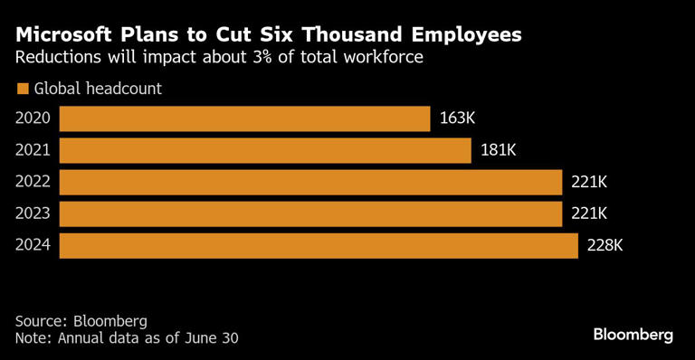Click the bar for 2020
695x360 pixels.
pos(244,118)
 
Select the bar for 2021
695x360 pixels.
pos(265,150)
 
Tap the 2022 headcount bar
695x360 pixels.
pos(310,182)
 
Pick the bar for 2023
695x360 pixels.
pos(310,213)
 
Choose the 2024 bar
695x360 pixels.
pos(319,245)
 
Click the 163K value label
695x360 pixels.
pos(457,118)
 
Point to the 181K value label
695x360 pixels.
pos(498,150)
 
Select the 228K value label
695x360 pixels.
pos(605,245)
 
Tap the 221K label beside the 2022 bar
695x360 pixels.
pos(588,182)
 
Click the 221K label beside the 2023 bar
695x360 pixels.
pos(588,213)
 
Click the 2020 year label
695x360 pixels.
pos(33,118)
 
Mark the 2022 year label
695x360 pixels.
pos(33,182)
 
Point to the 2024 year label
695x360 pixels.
pos(33,245)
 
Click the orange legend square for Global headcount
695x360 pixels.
pos(22,89)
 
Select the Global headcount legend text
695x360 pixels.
pos(98,89)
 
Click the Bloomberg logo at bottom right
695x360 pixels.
pos(633,335)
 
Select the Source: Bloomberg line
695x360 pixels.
pos(81,321)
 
